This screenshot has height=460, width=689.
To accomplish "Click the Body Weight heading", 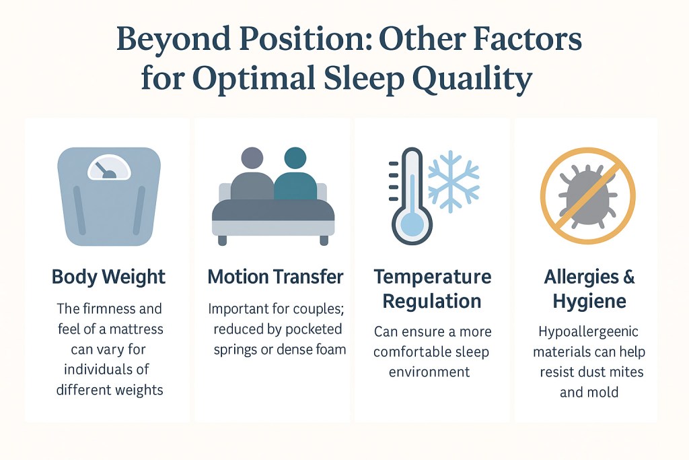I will (x=108, y=277).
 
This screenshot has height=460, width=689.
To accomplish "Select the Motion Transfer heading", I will (x=275, y=277).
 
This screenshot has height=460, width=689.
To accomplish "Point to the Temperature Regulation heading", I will (x=433, y=288).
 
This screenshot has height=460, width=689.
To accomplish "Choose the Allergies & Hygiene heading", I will (x=589, y=288).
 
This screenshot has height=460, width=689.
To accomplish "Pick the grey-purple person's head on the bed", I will (x=252, y=159).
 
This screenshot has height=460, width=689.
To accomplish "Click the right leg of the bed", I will (x=324, y=240).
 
